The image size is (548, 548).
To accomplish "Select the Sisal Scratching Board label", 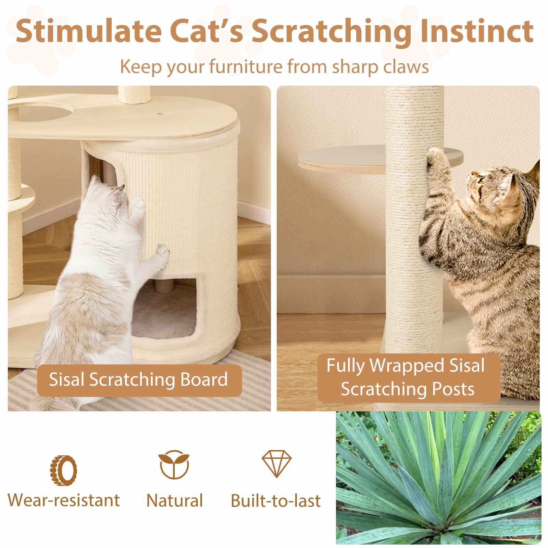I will click(138, 380).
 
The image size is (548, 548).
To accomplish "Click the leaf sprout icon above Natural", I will click(174, 465).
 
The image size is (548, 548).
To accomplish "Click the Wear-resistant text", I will click(64, 500).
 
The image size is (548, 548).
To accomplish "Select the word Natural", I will click(174, 501).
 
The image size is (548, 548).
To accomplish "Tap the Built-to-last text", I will click(276, 501).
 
